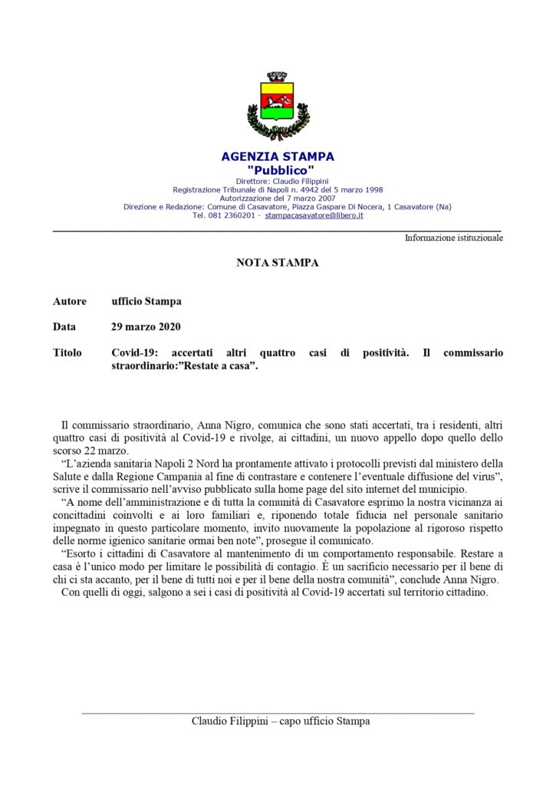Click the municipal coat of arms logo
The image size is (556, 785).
point(278,106)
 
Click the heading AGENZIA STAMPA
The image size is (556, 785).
point(278,156)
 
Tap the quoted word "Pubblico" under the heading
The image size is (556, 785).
point(278,169)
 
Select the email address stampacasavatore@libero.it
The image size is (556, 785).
point(320,215)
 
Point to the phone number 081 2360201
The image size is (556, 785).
point(233,215)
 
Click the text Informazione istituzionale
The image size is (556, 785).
point(454,238)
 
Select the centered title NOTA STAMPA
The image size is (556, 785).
point(278,263)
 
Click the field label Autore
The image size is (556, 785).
point(70,301)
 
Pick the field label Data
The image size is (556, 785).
point(64,327)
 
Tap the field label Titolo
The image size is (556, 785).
point(67,353)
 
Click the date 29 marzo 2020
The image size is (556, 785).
point(146,327)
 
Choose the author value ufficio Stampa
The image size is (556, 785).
point(146,301)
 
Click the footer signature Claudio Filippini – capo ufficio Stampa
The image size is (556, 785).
point(281,721)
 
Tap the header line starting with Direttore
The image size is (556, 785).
point(278,181)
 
